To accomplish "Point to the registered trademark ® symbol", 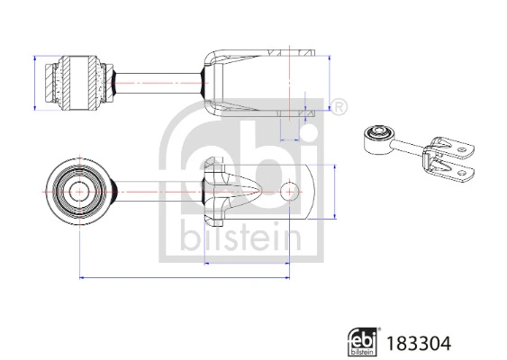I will (x=340, y=108).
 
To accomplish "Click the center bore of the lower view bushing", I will (x=78, y=192).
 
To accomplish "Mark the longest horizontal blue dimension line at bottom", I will (x=184, y=277).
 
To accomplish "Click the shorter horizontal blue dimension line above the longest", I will (x=247, y=264).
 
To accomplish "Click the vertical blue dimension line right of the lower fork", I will (x=334, y=192).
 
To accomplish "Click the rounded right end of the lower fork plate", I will (x=313, y=192).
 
